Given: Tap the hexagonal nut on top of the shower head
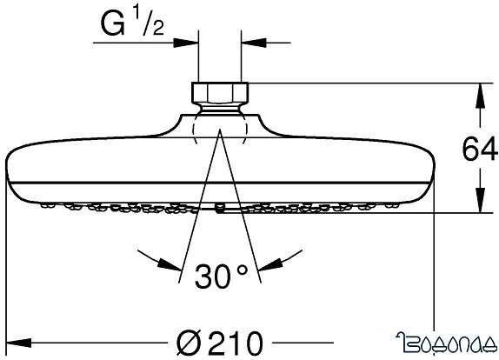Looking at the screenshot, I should pyautogui.click(x=220, y=93).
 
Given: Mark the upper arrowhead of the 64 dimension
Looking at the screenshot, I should pyautogui.click(x=479, y=90).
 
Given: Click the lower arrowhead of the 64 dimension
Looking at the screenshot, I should pyautogui.click(x=479, y=206).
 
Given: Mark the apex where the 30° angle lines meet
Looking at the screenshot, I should pyautogui.click(x=220, y=130).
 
